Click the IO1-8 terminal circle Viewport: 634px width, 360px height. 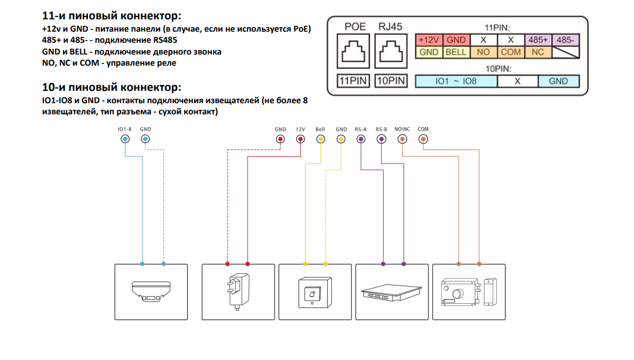124,139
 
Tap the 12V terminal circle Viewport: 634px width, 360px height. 300,139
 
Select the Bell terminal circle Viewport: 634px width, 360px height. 320,139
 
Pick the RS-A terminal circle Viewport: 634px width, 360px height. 360,139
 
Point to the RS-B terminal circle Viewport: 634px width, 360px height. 381,139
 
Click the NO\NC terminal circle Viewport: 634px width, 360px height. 402,139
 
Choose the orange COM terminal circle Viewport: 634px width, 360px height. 423,139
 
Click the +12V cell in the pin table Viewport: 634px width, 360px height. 429,40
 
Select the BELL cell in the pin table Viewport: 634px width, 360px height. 456,52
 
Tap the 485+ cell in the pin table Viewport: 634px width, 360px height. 538,40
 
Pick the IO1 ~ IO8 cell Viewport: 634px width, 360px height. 456,81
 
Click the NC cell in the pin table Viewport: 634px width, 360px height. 538,52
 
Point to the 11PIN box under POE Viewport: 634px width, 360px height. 354,81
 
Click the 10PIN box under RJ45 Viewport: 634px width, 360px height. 391,81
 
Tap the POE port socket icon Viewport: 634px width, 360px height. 354,52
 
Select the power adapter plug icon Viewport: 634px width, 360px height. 237,291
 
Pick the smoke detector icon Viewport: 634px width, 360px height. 151,291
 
